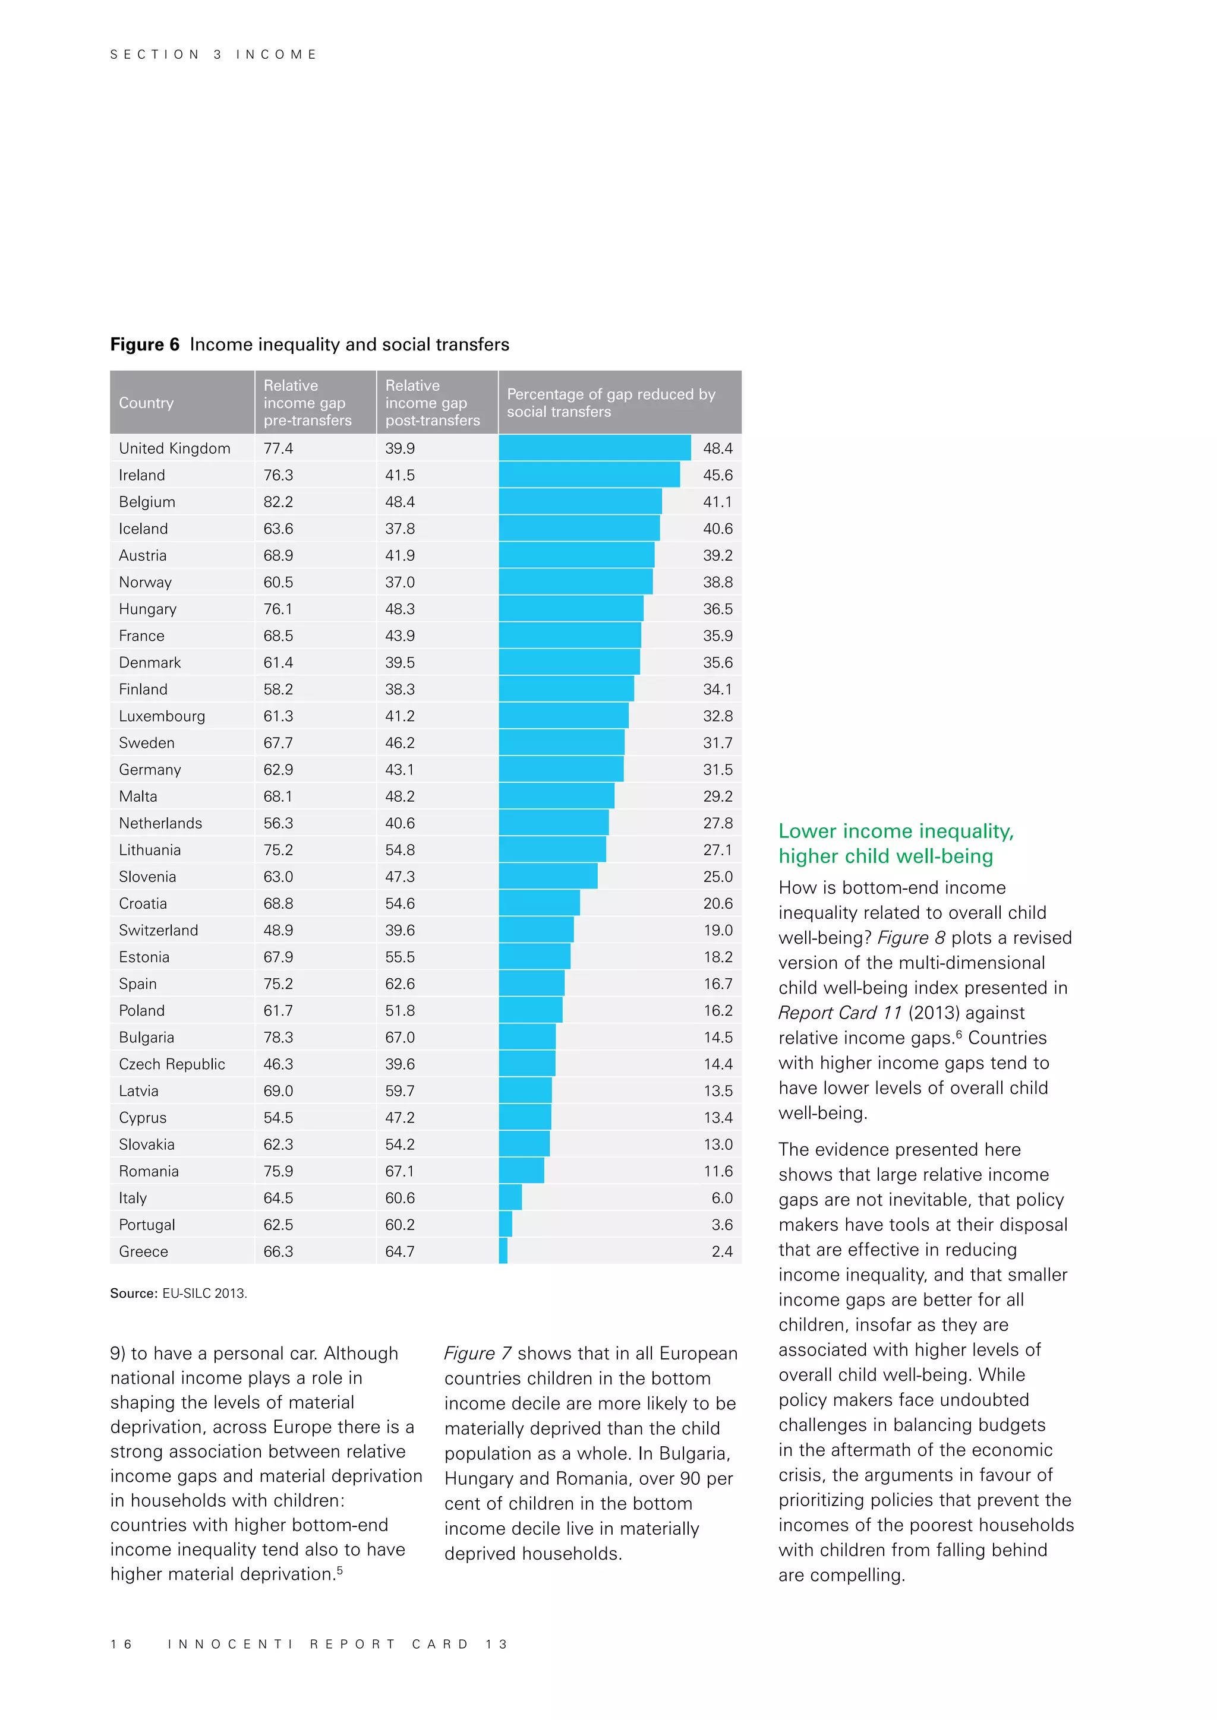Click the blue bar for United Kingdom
click(594, 448)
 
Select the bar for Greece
click(503, 1251)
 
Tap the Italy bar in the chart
click(510, 1197)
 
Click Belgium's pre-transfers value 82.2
click(278, 502)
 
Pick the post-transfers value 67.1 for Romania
click(399, 1171)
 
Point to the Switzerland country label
click(158, 929)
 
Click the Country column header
click(146, 403)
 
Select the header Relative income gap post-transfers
click(433, 403)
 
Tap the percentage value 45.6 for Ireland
click(717, 475)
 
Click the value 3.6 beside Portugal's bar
click(721, 1224)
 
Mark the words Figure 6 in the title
click(144, 344)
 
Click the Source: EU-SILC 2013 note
click(178, 1293)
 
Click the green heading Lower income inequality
click(896, 831)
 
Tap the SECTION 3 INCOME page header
click(213, 55)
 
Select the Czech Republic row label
click(172, 1064)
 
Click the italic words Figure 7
click(477, 1354)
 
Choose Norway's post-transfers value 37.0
click(399, 582)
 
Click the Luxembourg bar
click(563, 716)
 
